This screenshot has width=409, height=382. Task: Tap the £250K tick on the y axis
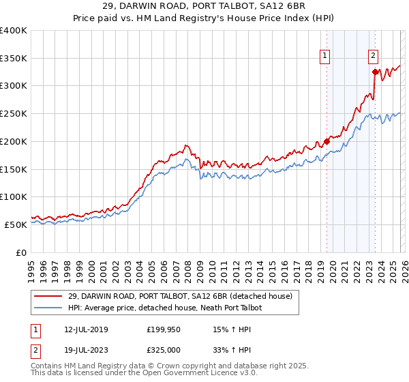pyautogui.click(x=13, y=113)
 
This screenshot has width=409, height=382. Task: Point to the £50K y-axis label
pyautogui.click(x=15, y=224)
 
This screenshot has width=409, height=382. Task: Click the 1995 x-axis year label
pyautogui.click(x=31, y=266)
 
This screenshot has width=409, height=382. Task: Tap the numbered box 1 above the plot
pyautogui.click(x=325, y=57)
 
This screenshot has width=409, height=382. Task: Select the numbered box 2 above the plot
pyautogui.click(x=374, y=57)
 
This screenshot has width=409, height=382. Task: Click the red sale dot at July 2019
pyautogui.click(x=327, y=141)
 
